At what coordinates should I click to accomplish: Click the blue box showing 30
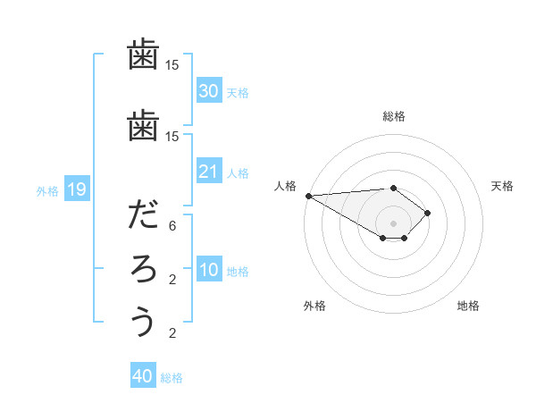click(x=209, y=91)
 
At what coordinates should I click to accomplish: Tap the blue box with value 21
click(x=209, y=172)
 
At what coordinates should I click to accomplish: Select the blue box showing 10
click(x=209, y=270)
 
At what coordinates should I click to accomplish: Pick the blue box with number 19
click(x=76, y=189)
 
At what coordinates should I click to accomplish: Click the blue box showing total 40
click(x=143, y=376)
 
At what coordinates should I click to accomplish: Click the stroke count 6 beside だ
click(x=172, y=227)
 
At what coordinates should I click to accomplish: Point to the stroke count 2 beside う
click(x=172, y=334)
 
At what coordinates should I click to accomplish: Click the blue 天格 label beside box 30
click(x=238, y=92)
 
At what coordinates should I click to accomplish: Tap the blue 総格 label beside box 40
click(x=172, y=377)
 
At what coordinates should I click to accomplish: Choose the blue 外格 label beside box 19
click(x=47, y=190)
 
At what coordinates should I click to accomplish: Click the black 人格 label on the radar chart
click(x=285, y=186)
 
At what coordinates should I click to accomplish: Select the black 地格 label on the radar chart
click(x=468, y=306)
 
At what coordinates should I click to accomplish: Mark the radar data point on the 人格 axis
click(x=307, y=195)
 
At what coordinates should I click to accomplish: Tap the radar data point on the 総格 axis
click(x=393, y=188)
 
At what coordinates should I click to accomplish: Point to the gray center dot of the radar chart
click(x=393, y=223)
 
